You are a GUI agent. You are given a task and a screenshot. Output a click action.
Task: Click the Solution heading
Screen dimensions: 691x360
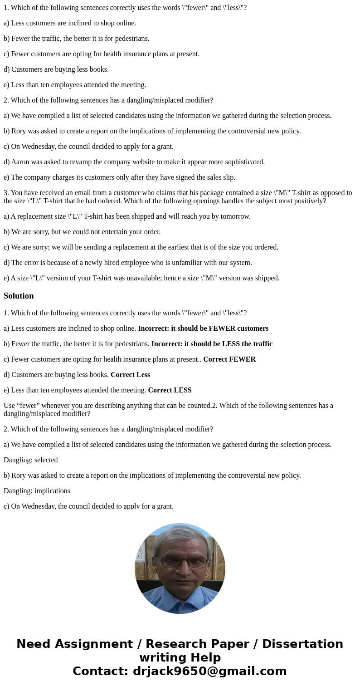coord(19,296)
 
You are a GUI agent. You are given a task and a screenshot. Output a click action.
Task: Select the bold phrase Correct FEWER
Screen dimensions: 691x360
coord(229,359)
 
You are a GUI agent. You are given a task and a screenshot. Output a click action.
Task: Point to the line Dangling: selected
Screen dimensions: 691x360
coord(31,460)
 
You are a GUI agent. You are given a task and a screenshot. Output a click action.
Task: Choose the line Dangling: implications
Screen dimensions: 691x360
coord(37,491)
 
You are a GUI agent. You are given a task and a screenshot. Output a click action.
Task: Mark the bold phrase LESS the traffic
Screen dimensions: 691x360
coord(248,344)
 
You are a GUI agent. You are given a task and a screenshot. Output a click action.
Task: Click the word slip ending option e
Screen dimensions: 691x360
coord(229,177)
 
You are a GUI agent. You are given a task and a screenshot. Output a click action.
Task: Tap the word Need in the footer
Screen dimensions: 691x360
coord(34,644)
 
